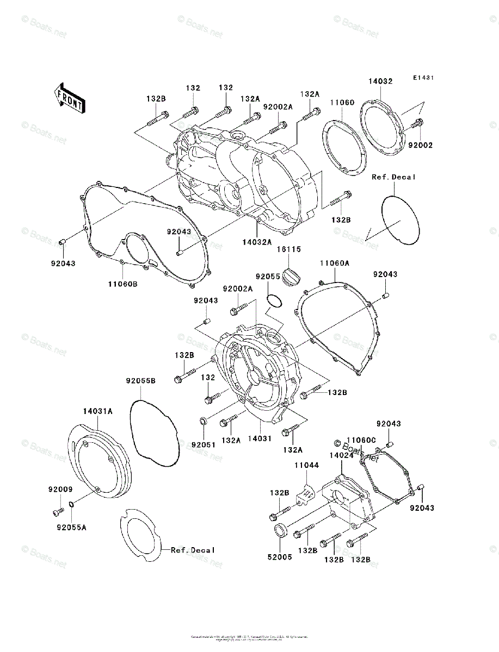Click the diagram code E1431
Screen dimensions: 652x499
point(423,78)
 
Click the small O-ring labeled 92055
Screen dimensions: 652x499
point(275,300)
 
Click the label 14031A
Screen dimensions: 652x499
point(98,411)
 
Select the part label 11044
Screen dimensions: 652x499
point(307,466)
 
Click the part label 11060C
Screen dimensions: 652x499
point(362,440)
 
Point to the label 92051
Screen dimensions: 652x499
point(204,444)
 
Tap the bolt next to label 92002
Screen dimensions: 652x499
point(418,123)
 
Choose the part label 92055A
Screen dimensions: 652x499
point(71,526)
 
